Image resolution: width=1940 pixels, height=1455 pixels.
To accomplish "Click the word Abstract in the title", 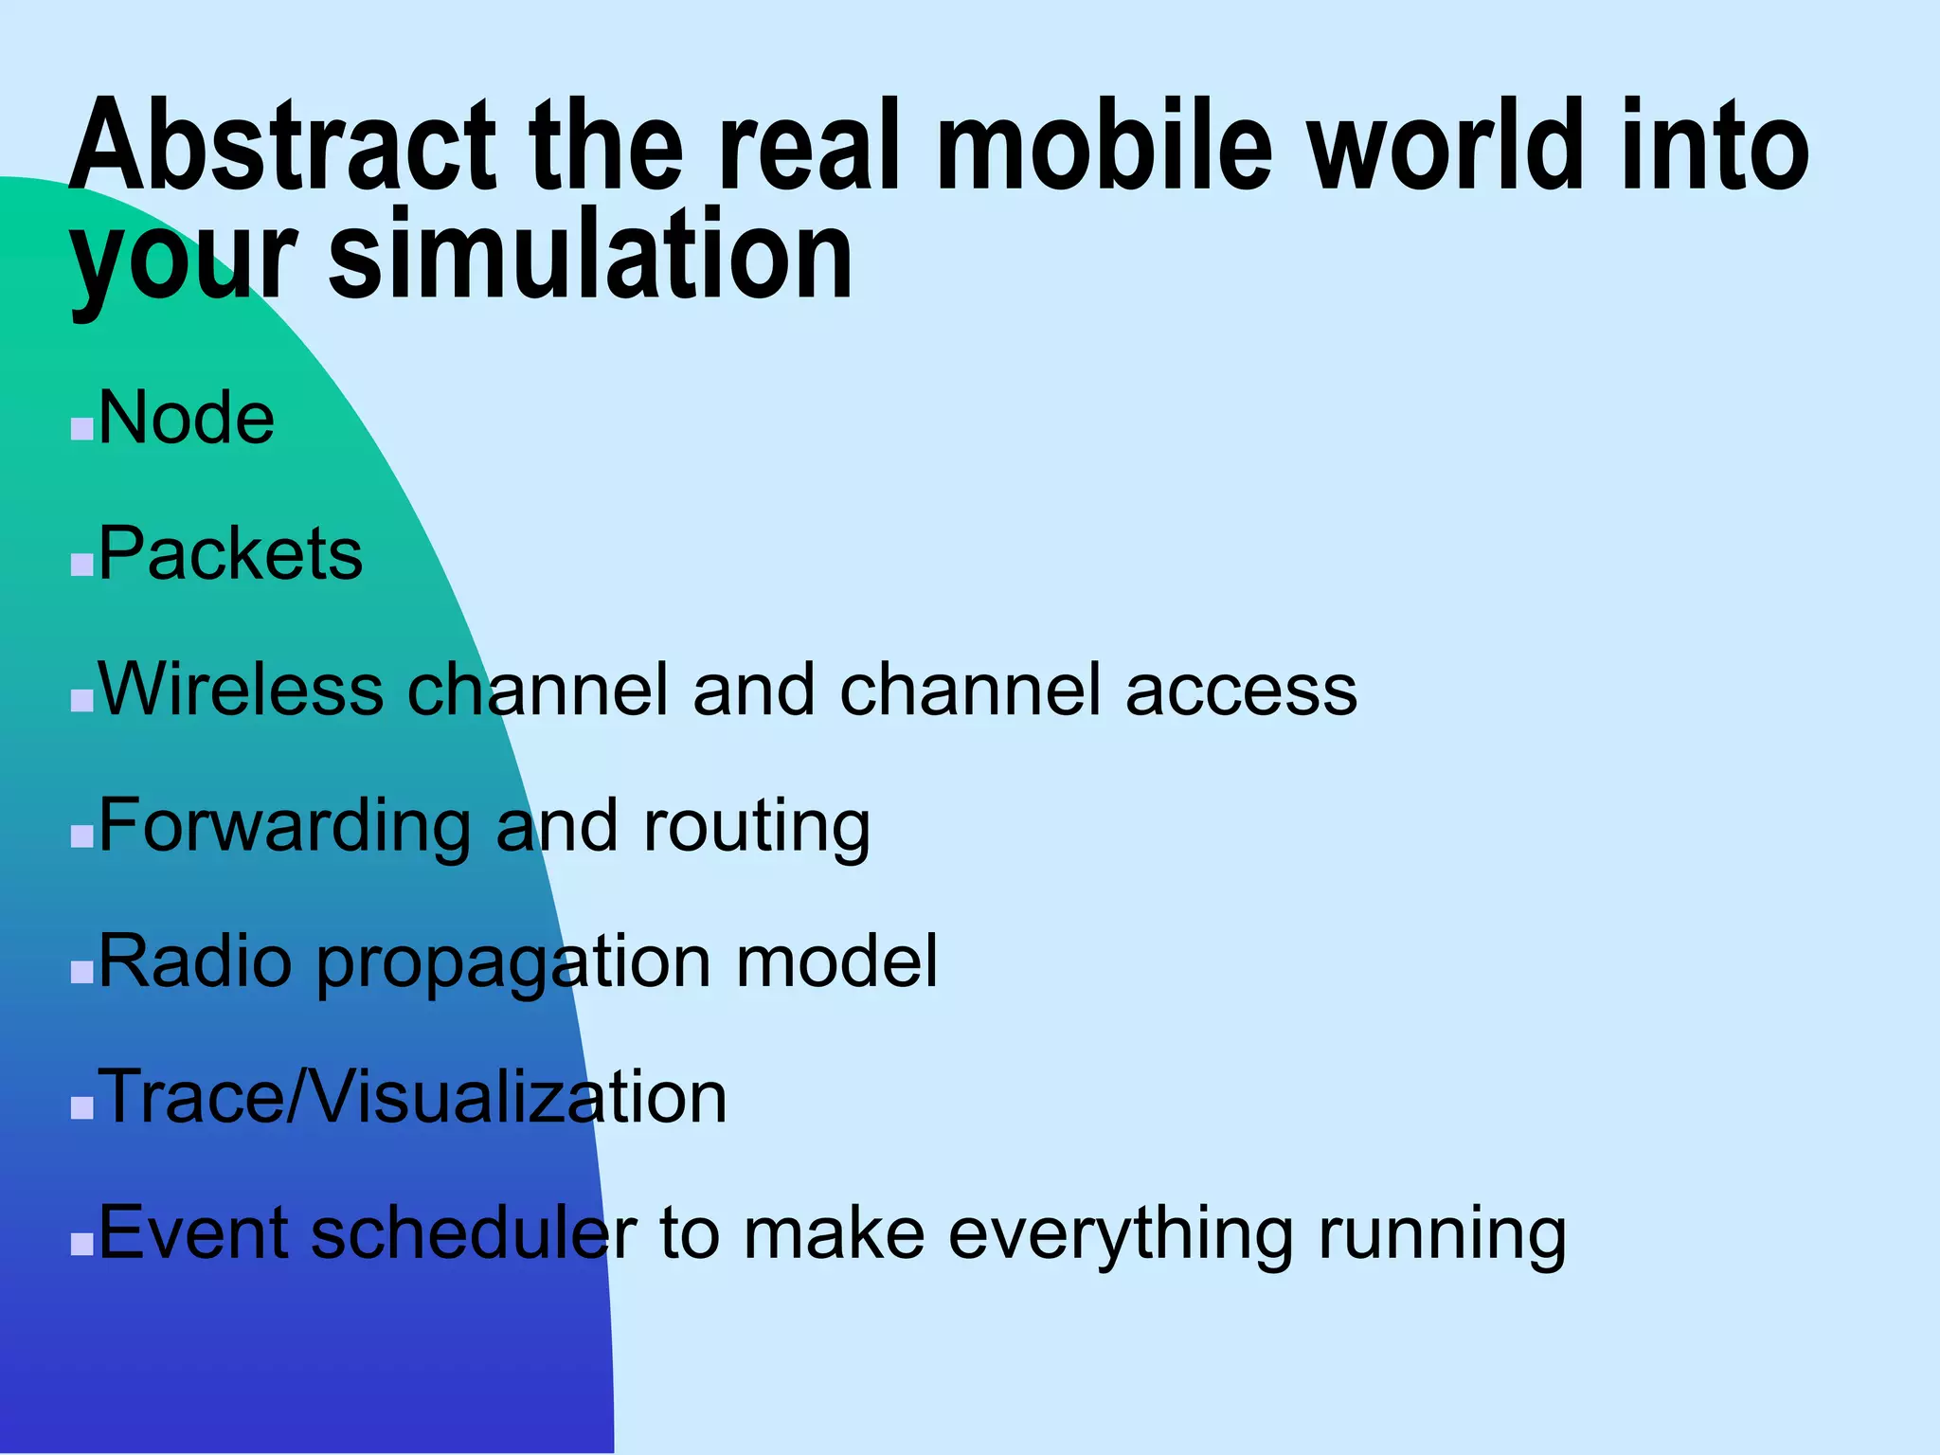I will pos(282,147).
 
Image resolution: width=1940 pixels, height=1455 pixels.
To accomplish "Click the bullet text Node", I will pos(187,418).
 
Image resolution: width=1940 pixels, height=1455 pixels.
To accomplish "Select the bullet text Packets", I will pos(230,553).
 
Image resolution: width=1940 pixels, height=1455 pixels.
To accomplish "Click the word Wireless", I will pos(241,690).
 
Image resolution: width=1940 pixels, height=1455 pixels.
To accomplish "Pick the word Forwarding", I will pos(284,826).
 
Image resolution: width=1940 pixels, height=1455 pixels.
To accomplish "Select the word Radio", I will pos(195,961).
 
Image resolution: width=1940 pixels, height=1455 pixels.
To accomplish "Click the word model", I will pos(836,961).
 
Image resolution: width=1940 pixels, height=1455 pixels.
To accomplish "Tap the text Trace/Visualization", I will pos(413,1097).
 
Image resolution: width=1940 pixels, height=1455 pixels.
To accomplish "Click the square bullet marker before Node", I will pos(82,430).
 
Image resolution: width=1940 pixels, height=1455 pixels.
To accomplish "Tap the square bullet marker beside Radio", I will pos(82,973).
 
